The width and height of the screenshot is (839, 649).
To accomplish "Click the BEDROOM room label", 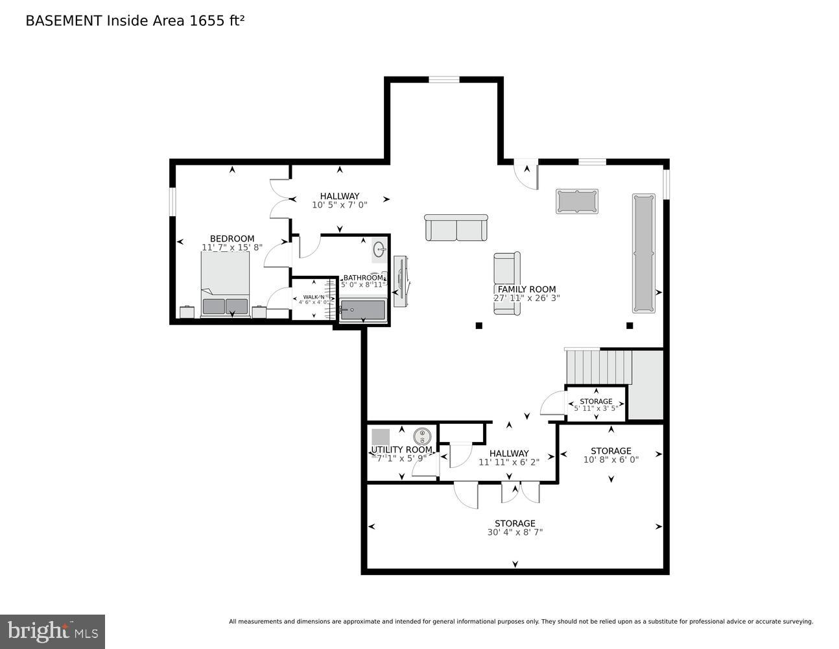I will click(x=231, y=239).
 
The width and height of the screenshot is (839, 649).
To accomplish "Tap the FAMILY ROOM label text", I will click(x=526, y=289).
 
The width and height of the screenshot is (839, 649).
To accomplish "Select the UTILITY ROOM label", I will click(x=401, y=450).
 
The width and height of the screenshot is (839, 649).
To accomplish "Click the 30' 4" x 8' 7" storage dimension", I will click(x=515, y=532).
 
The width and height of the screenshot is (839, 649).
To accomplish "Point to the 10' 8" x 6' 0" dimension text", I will click(x=611, y=459).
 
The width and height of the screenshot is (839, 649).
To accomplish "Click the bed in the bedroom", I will click(x=225, y=284).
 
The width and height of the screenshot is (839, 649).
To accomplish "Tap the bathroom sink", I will click(x=379, y=249).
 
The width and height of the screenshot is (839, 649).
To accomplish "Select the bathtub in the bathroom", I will click(x=362, y=310).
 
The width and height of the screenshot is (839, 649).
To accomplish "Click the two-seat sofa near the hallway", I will click(x=456, y=228).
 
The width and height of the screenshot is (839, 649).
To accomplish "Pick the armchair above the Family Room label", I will click(x=507, y=267).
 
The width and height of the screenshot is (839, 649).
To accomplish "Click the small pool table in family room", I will click(x=576, y=201).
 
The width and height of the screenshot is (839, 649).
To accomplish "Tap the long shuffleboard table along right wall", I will click(x=643, y=253).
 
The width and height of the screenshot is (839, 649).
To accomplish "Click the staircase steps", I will click(x=598, y=367).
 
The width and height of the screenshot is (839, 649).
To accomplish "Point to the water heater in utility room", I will click(x=422, y=436).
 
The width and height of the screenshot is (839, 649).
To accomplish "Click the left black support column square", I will click(x=479, y=326).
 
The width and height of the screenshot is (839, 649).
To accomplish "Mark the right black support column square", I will click(x=629, y=326).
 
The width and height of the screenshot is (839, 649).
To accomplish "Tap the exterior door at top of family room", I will click(x=526, y=173).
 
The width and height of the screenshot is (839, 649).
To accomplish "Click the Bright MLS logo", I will click(x=53, y=631).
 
